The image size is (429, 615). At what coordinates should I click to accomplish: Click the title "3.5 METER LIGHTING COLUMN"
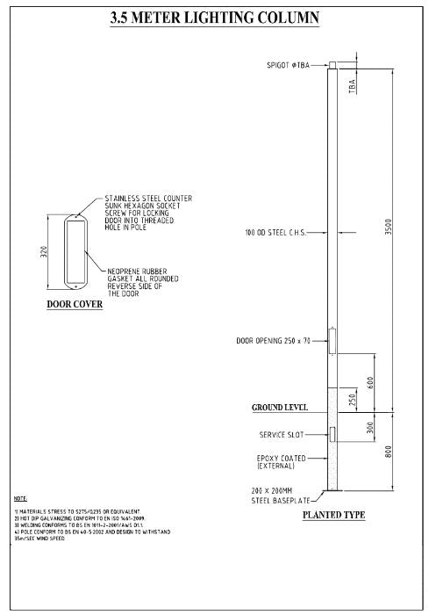pos(215,17)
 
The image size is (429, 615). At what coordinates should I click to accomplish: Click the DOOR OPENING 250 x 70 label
pos(278,340)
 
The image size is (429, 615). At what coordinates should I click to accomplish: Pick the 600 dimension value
pos(371,383)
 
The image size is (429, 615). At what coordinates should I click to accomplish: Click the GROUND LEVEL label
pos(279,409)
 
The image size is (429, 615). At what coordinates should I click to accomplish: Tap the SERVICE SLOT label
pos(280,434)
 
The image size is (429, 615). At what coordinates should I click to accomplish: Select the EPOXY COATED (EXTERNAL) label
pos(281,461)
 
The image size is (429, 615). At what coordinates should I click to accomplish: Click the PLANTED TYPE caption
pos(333,515)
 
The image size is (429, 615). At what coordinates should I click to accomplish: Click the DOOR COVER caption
pos(75,305)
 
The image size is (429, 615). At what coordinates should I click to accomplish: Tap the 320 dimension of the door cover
pos(45,251)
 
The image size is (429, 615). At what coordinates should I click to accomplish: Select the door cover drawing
pos(75,251)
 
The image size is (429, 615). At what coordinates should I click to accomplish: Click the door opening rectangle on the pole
pos(332,341)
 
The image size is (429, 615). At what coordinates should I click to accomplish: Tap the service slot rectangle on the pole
pos(332,434)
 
